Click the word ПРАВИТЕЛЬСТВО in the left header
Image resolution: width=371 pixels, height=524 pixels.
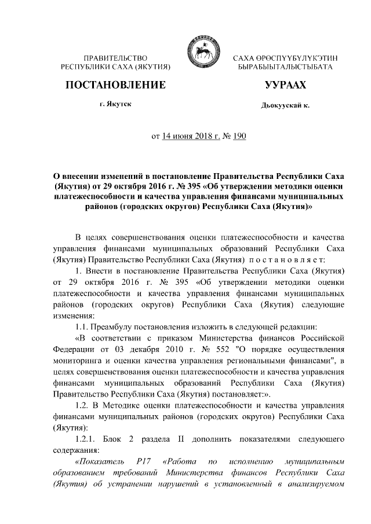[x=115, y=58]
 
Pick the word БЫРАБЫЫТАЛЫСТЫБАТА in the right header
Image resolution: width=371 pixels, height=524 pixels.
[x=285, y=68]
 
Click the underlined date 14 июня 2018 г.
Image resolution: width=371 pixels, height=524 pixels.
[x=186, y=137]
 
